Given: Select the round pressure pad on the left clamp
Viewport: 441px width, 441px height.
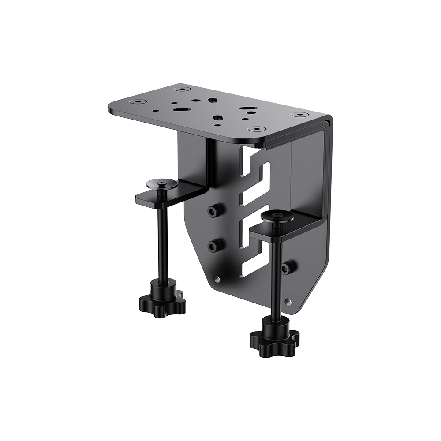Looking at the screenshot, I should click(x=162, y=183).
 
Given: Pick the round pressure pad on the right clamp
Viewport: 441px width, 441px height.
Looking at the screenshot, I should click(x=277, y=216).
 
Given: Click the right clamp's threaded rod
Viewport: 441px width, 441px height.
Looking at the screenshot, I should click(x=277, y=282).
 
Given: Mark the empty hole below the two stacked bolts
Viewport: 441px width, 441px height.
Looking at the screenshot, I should click(x=216, y=279).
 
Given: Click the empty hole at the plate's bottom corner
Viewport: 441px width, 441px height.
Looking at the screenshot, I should click(x=288, y=302).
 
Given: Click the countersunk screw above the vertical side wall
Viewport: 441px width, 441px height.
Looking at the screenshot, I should click(x=299, y=115).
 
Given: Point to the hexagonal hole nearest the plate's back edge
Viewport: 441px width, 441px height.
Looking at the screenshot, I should click(x=213, y=100).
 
